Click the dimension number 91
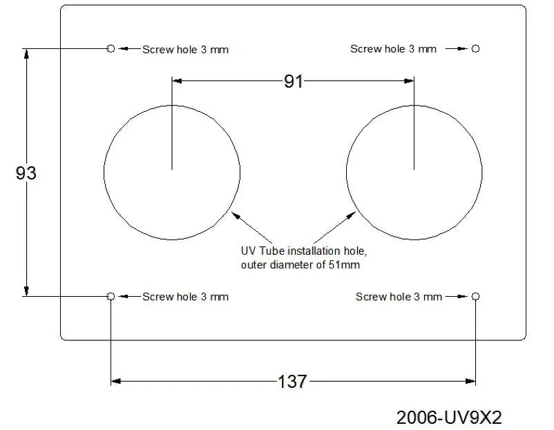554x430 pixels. click(294, 81)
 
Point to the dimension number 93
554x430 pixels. click(26, 173)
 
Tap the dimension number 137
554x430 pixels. click(292, 382)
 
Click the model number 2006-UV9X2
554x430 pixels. click(449, 418)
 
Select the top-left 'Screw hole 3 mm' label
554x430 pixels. click(186, 50)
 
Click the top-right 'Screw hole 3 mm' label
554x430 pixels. click(393, 49)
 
